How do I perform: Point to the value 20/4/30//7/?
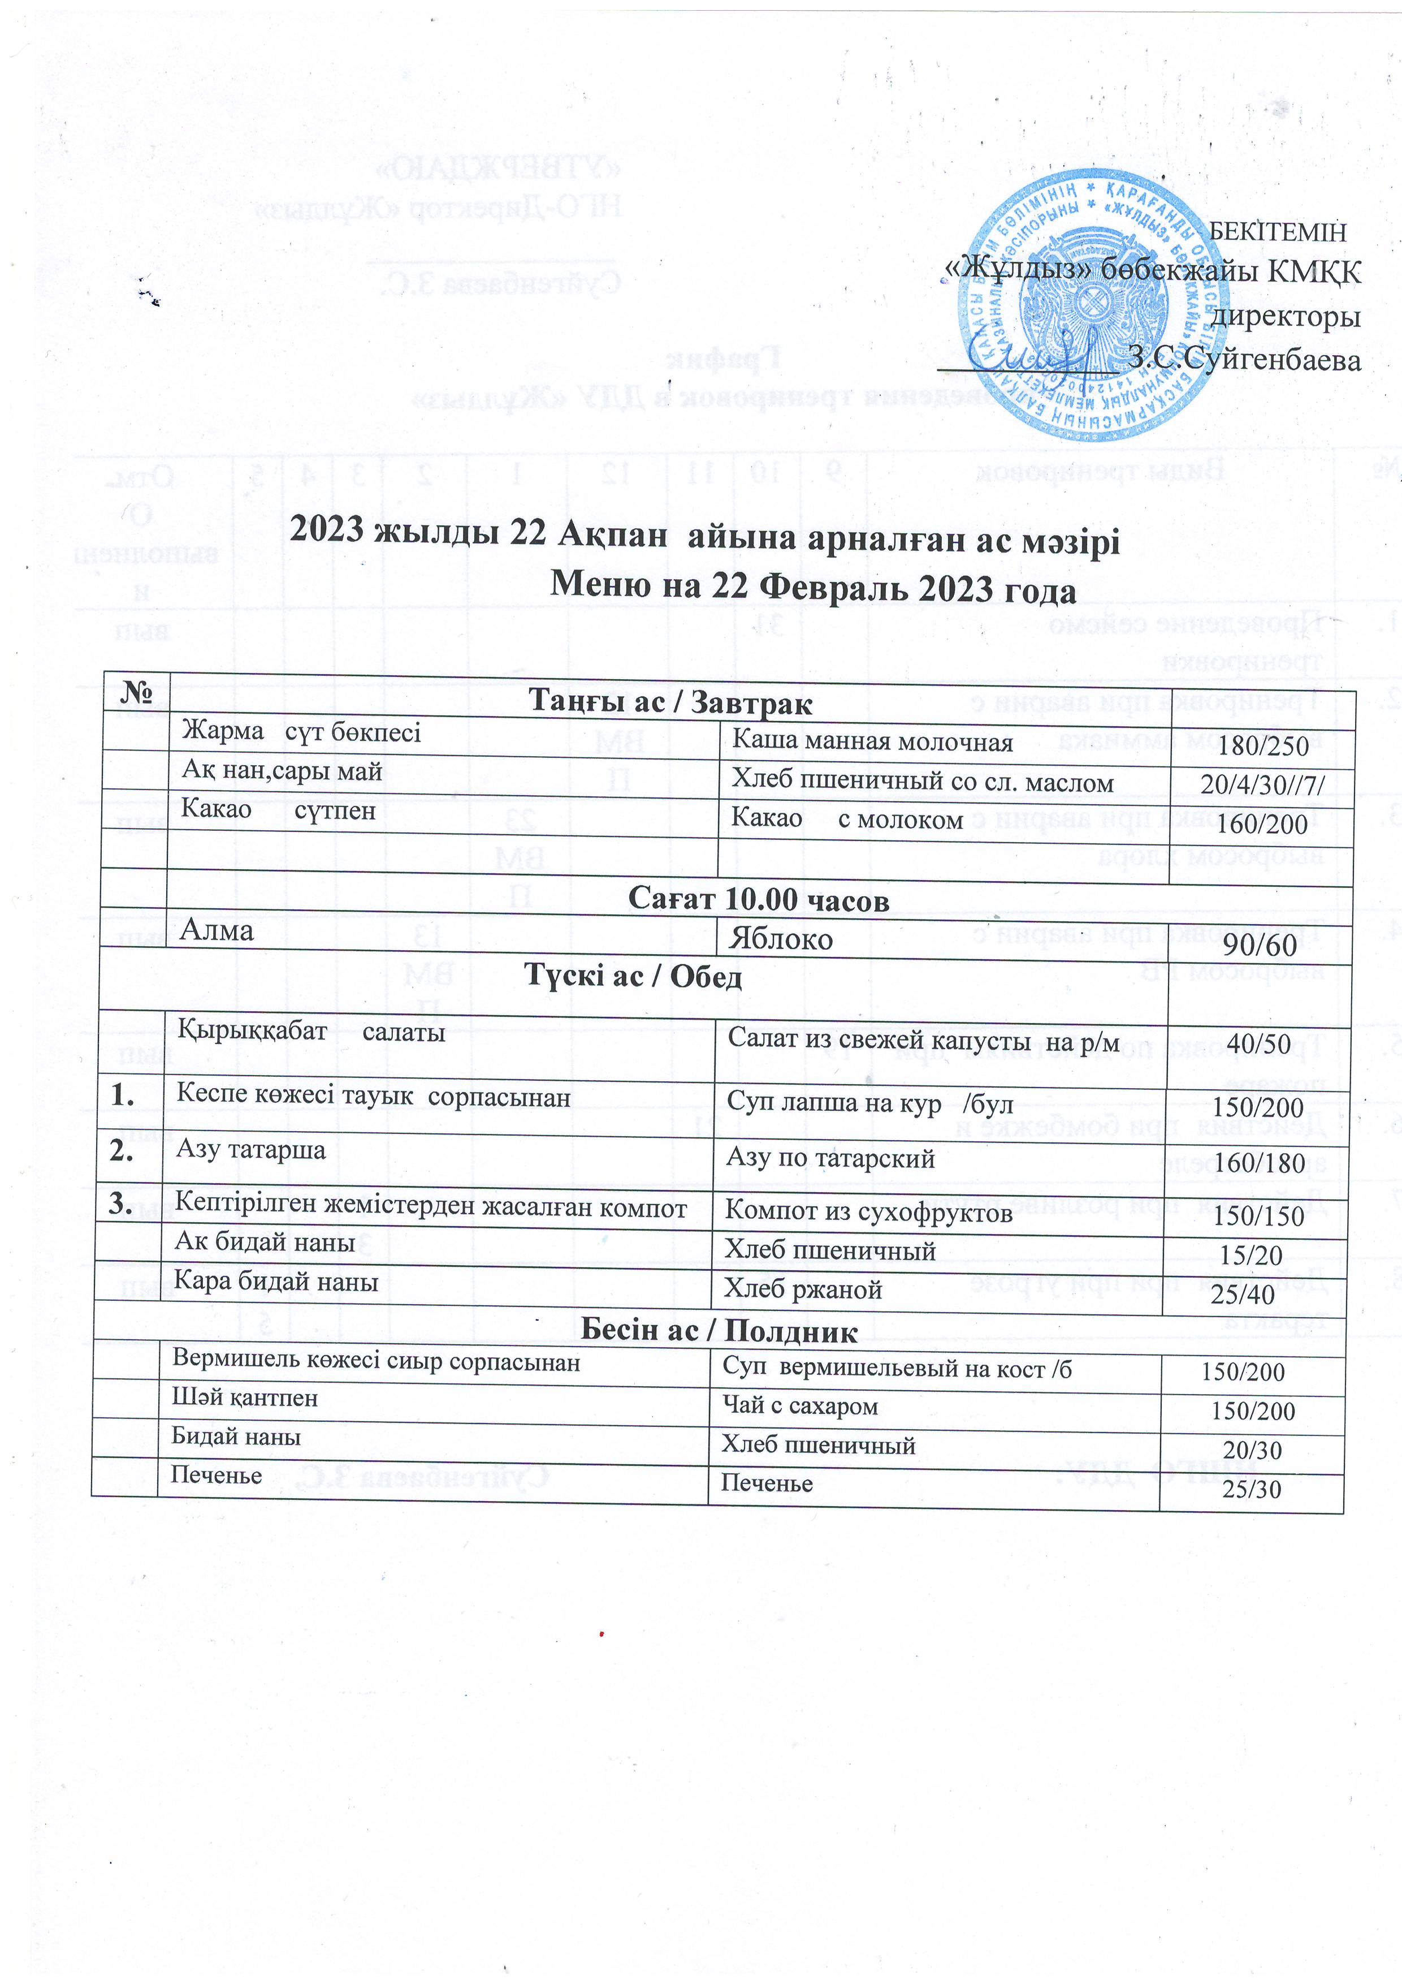tap(1262, 784)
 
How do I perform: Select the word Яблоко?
tap(780, 939)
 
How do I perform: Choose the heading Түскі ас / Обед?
tap(633, 976)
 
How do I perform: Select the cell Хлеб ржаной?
tap(803, 1289)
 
